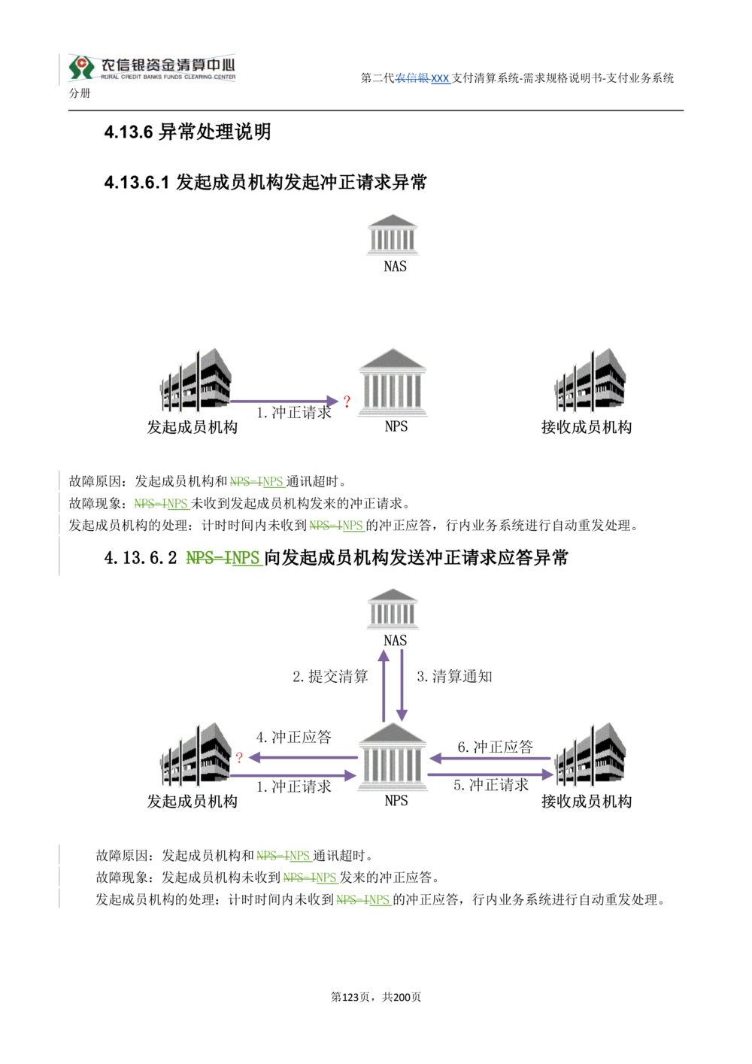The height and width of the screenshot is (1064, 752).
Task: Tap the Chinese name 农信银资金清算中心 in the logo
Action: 168,63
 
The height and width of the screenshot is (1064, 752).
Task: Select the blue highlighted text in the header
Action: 425,79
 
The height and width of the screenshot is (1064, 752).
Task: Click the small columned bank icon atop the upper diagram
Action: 390,234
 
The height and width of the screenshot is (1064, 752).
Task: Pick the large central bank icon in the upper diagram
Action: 394,381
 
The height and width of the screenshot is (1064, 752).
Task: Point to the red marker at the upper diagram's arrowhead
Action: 347,400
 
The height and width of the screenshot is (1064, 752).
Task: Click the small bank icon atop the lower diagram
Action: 390,610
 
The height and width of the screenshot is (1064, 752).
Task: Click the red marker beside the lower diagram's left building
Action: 240,756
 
